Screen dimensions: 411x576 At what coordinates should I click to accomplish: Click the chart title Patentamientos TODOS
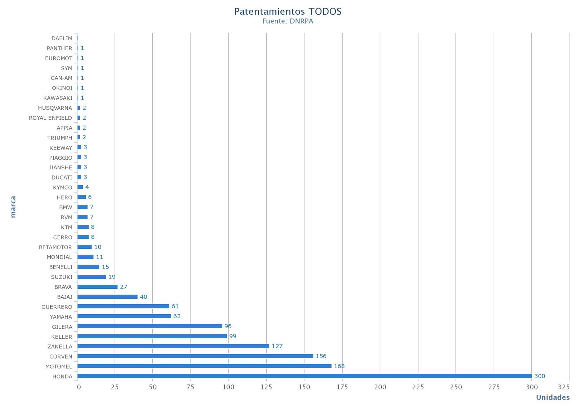(x=288, y=12)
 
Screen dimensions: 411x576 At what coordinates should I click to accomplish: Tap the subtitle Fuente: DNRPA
(x=288, y=21)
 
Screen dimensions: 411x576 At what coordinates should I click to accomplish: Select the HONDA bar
(x=304, y=376)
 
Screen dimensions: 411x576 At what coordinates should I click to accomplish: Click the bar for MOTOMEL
(x=204, y=366)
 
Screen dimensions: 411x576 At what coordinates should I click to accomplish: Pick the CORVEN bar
(x=195, y=356)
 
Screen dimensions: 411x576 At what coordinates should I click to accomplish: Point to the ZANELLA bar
(x=173, y=346)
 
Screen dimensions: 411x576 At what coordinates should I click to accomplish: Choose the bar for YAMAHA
(x=124, y=316)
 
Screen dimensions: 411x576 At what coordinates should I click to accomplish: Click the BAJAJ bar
(x=107, y=297)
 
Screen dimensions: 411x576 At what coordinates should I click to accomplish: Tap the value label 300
(x=539, y=376)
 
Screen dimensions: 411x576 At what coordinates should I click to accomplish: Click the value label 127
(x=277, y=346)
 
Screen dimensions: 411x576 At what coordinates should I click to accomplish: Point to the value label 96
(x=228, y=326)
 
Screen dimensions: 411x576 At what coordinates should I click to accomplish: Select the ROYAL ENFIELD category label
(x=50, y=118)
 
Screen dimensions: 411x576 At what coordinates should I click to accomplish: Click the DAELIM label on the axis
(x=62, y=38)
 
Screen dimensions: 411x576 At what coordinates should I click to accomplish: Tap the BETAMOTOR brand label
(x=55, y=247)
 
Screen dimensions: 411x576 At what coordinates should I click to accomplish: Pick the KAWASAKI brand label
(x=58, y=98)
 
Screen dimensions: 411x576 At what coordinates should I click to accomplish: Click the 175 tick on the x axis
(x=342, y=387)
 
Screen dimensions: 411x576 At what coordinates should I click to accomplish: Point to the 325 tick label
(x=564, y=387)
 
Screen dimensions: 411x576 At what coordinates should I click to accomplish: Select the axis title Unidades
(x=553, y=397)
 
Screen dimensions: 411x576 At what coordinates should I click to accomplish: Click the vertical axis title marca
(x=13, y=207)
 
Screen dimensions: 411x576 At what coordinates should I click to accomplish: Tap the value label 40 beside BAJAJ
(x=143, y=297)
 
